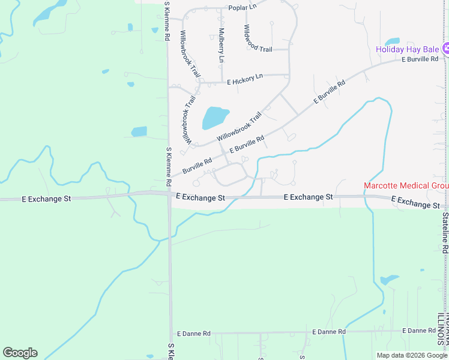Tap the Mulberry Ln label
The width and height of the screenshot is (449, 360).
[x=221, y=46]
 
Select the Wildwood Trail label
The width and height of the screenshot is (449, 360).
[x=258, y=38]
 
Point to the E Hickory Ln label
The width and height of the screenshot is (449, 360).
[x=244, y=78]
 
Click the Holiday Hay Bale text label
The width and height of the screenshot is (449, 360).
[x=408, y=49]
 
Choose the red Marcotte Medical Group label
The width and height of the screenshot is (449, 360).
[x=406, y=185]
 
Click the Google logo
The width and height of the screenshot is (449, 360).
[x=20, y=353]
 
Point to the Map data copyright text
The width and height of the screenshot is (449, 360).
[x=412, y=355]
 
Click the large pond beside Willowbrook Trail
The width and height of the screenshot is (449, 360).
[x=215, y=118]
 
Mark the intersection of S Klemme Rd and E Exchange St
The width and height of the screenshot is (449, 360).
[x=170, y=194]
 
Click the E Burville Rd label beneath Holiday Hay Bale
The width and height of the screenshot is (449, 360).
[x=420, y=59]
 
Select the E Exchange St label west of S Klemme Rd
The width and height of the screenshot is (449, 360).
[x=46, y=197]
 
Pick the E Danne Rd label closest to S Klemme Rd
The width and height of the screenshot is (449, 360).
[x=193, y=333]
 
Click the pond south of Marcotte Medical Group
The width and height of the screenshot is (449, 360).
[x=389, y=280]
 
